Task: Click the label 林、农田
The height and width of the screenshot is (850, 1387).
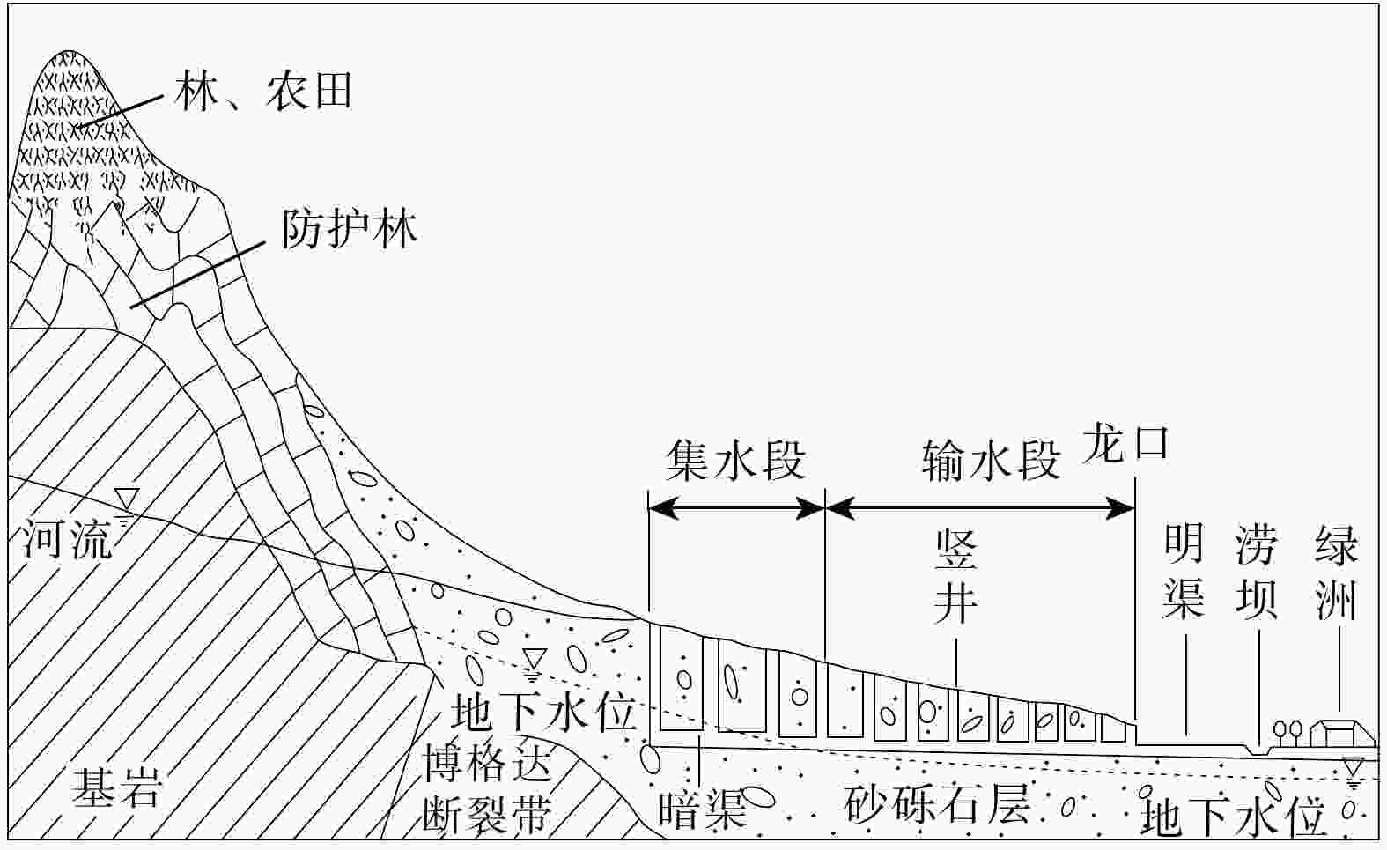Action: [263, 91]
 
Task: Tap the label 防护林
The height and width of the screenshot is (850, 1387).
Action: [349, 230]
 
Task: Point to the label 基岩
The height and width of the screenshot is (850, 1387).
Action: [116, 787]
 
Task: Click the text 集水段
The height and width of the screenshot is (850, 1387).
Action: [735, 461]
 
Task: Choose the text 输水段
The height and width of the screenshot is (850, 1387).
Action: [991, 461]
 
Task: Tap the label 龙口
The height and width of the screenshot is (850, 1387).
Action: [1125, 444]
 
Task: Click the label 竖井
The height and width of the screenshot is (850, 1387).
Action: [955, 578]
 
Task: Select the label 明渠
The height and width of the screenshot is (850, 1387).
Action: [1184, 572]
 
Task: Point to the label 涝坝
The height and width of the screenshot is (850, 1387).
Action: [1256, 572]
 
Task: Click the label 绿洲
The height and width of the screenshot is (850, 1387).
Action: [1336, 572]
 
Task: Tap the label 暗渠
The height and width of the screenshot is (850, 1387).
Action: [702, 809]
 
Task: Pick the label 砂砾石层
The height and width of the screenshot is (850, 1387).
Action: [937, 802]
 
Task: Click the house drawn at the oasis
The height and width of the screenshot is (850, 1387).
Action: [1341, 732]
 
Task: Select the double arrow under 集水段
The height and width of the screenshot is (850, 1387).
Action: [736, 507]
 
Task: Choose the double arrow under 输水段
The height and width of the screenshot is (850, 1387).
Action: [980, 507]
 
